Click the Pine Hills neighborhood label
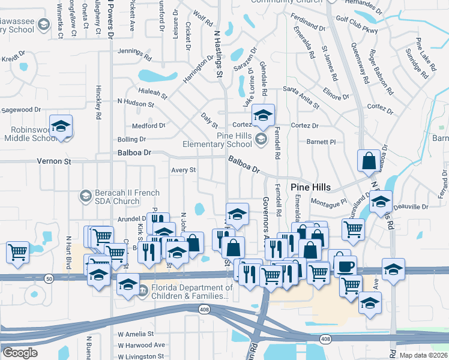[x=310, y=187]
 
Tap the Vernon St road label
[x=54, y=161]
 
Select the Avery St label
[x=184, y=170]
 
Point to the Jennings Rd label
[x=134, y=51]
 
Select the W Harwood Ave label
[x=141, y=345]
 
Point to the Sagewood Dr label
[x=20, y=110]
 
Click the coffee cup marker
[x=345, y=266]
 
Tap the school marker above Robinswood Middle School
[x=61, y=127]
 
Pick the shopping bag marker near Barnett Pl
[x=369, y=161]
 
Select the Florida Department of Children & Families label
[x=191, y=292]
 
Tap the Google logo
[x=19, y=353]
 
